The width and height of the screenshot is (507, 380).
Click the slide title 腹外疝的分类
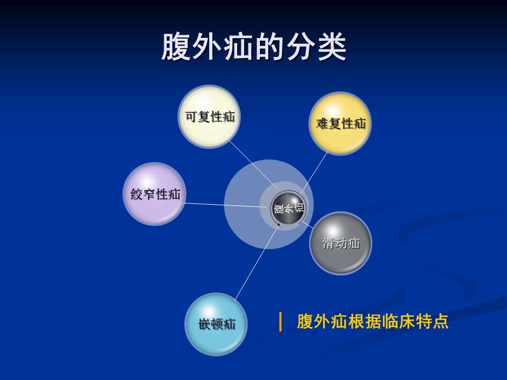tap(254, 47)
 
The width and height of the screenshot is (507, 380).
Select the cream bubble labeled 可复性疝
tap(210, 117)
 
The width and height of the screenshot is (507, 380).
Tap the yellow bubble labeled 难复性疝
tap(340, 123)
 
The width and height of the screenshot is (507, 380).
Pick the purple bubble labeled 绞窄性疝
tap(155, 194)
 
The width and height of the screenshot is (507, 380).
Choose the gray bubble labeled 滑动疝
tap(341, 243)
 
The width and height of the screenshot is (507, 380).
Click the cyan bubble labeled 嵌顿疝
tap(217, 324)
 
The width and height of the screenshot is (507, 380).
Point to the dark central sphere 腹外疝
tap(287, 208)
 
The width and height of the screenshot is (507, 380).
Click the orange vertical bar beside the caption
tap(280, 321)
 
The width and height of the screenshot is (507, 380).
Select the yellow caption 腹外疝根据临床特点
tap(372, 321)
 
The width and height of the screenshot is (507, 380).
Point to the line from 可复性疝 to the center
tap(253, 165)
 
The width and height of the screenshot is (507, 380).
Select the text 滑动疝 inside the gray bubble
tap(341, 243)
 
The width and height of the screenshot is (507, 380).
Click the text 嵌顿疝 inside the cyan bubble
tap(217, 324)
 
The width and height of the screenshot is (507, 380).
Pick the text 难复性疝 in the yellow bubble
tap(341, 123)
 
